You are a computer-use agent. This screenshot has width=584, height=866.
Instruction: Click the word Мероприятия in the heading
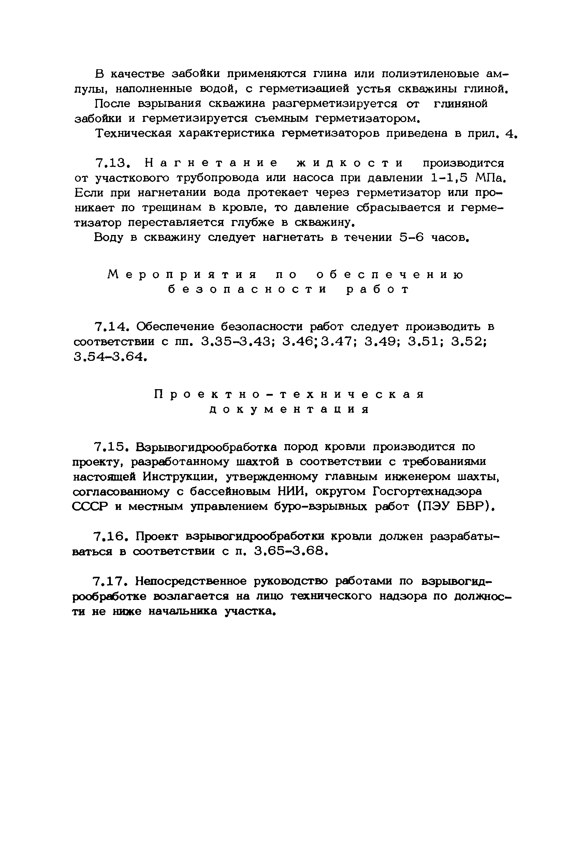point(182,275)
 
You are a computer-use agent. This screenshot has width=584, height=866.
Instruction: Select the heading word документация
point(289,410)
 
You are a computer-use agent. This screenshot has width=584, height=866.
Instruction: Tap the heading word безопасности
point(247,289)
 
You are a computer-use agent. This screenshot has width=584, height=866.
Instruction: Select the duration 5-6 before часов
point(411,237)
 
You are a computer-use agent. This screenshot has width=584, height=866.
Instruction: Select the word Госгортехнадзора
point(427,491)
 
